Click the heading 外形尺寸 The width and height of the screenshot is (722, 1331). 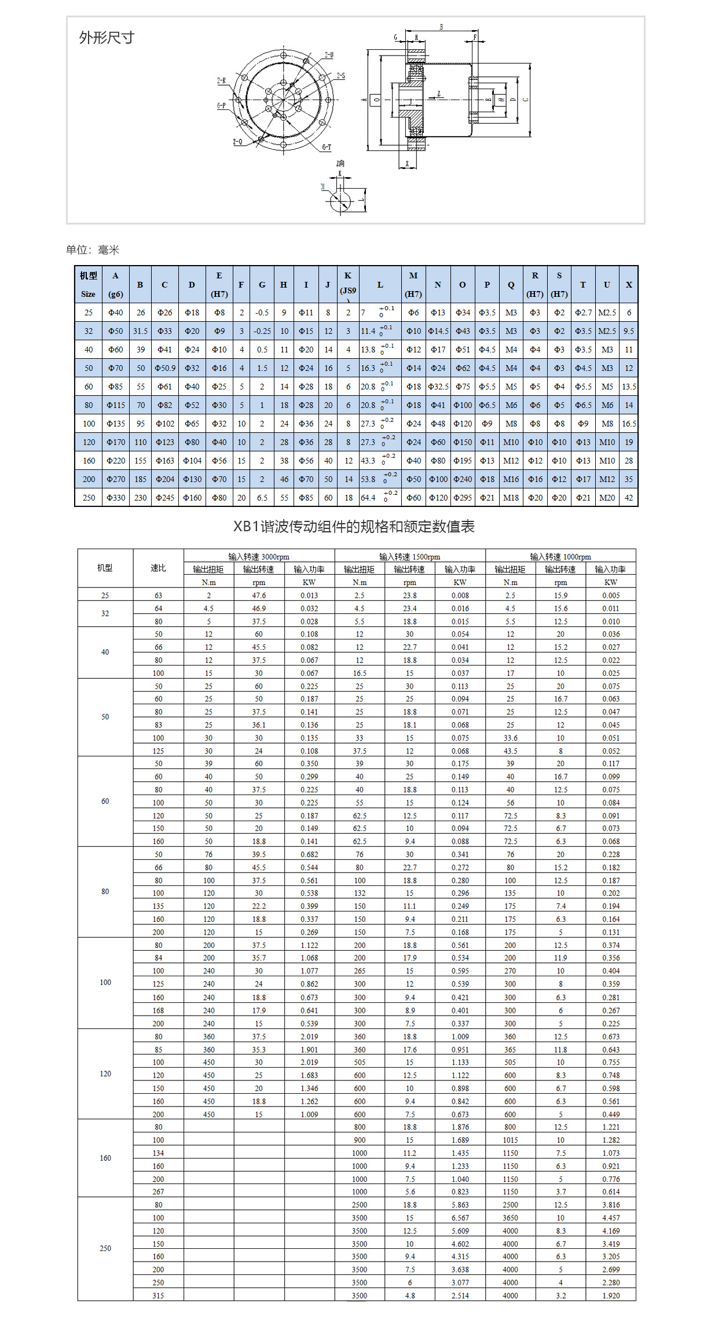tap(107, 38)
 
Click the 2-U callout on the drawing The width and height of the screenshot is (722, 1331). tap(328, 55)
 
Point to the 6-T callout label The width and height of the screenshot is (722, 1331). tap(327, 147)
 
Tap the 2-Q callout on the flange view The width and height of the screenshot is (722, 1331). tap(237, 142)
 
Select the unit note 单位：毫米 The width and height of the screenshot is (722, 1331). tap(93, 250)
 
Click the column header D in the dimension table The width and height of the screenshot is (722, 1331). tap(192, 285)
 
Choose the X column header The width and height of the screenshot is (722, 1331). tap(629, 285)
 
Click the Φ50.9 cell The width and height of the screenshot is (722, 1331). tap(165, 368)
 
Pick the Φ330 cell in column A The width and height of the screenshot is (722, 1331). tap(116, 498)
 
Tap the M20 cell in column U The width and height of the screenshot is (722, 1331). tap(607, 498)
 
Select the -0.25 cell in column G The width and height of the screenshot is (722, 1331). tap(262, 331)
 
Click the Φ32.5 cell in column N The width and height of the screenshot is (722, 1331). tap(438, 387)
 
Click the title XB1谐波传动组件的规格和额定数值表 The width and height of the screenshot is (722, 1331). tap(354, 527)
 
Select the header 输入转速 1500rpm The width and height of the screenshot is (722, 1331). tap(409, 557)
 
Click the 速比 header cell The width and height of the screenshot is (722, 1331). tap(158, 568)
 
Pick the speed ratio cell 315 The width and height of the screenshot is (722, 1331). tap(158, 1296)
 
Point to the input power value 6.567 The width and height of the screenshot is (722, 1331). tap(460, 1218)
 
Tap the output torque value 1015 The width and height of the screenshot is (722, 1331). tap(510, 1140)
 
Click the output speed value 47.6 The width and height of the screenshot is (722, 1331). tap(259, 595)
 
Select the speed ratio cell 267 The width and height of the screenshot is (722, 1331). tap(158, 1192)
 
